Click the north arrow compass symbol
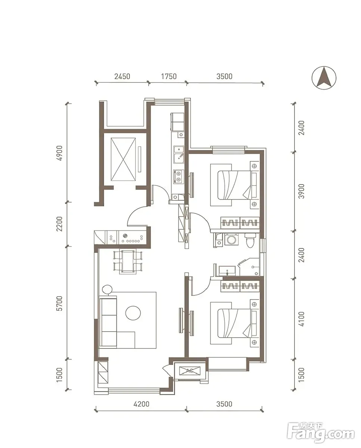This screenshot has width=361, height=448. tap(324, 78)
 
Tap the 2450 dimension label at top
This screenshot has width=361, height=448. tap(122, 76)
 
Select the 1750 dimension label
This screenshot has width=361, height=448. tap(169, 76)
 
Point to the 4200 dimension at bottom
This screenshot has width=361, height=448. tap(141, 404)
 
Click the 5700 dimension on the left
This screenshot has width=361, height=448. tap(60, 303)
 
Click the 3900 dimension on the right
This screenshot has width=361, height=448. tap(301, 191)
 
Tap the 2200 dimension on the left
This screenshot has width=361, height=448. tap(60, 224)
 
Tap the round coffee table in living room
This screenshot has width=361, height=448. tap(133, 313)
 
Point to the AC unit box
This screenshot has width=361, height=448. tap(190, 370)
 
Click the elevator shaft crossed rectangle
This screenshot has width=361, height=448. tap(123, 159)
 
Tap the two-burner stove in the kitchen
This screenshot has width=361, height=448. tap(178, 176)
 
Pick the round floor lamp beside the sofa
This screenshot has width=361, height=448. tap(108, 289)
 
